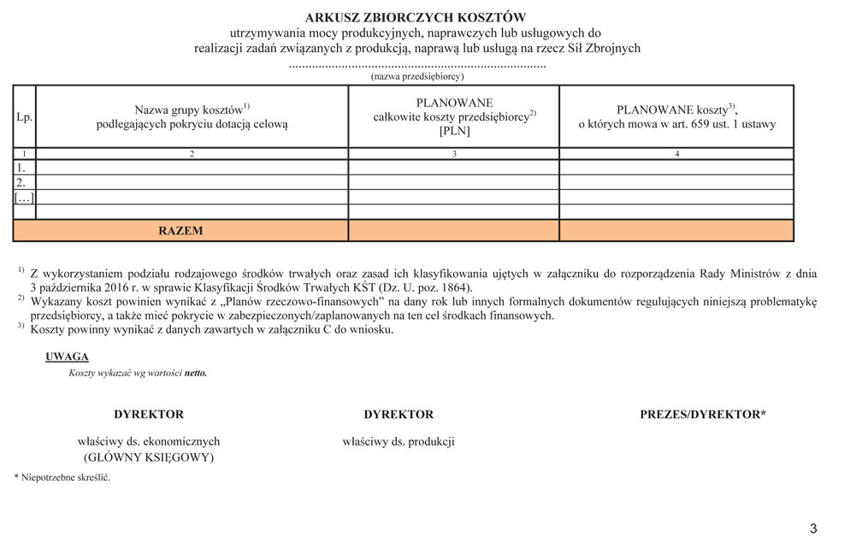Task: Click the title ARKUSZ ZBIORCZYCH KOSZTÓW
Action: point(416,17)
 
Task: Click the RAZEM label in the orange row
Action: point(180,231)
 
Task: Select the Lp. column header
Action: point(24,117)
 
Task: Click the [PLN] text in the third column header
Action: point(454,131)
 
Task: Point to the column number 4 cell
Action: point(676,154)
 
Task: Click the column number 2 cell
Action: point(192,154)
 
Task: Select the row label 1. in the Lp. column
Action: point(21,168)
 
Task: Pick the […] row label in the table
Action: point(23,198)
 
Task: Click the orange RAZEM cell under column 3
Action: point(454,231)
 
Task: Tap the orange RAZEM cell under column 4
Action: point(676,231)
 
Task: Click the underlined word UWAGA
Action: point(67,357)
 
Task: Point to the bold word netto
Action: point(196,373)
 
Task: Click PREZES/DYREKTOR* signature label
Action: point(703,415)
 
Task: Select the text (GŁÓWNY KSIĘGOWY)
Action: point(149,457)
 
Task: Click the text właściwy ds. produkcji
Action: point(399,442)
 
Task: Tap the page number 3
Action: point(813,528)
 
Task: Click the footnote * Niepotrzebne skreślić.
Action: point(62,477)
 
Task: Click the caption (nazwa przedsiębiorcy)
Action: point(416,76)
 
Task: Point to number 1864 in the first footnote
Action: point(452,288)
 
